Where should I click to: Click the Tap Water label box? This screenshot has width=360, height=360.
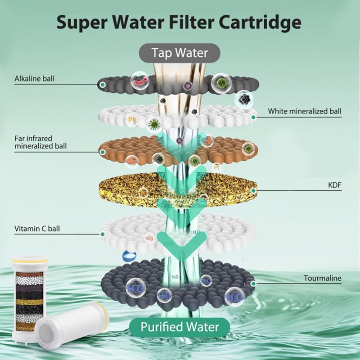[180, 53]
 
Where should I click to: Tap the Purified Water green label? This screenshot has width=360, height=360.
[180, 327]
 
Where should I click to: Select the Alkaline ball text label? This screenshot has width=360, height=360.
[35, 78]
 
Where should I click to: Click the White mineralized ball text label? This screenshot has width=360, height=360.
[305, 111]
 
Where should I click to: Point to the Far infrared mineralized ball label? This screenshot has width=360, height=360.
[40, 142]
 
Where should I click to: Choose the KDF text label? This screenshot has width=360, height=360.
[335, 185]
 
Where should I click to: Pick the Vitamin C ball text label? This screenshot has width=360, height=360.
[37, 229]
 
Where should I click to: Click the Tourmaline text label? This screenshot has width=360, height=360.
[323, 278]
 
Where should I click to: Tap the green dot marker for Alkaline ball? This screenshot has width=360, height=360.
[103, 85]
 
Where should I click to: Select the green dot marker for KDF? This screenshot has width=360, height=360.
[253, 190]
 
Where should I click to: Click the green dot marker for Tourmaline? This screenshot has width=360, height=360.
[253, 284]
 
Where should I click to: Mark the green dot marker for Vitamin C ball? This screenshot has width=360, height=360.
[103, 234]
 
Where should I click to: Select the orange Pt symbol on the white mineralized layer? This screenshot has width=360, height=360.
[131, 120]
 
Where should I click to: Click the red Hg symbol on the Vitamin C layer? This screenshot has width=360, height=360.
[150, 238]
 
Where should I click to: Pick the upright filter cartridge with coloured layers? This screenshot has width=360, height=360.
[29, 297]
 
